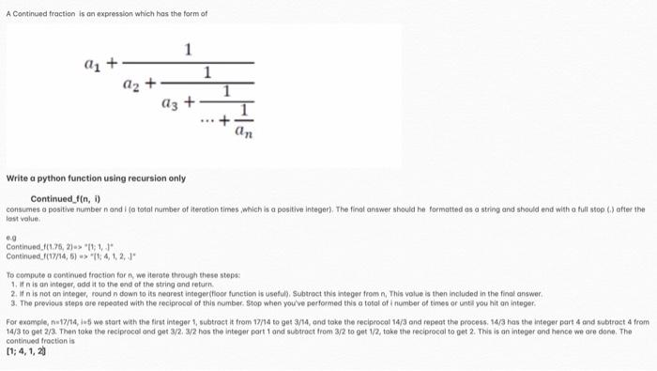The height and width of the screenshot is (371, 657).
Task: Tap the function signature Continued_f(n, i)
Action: pyautogui.click(x=60, y=198)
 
